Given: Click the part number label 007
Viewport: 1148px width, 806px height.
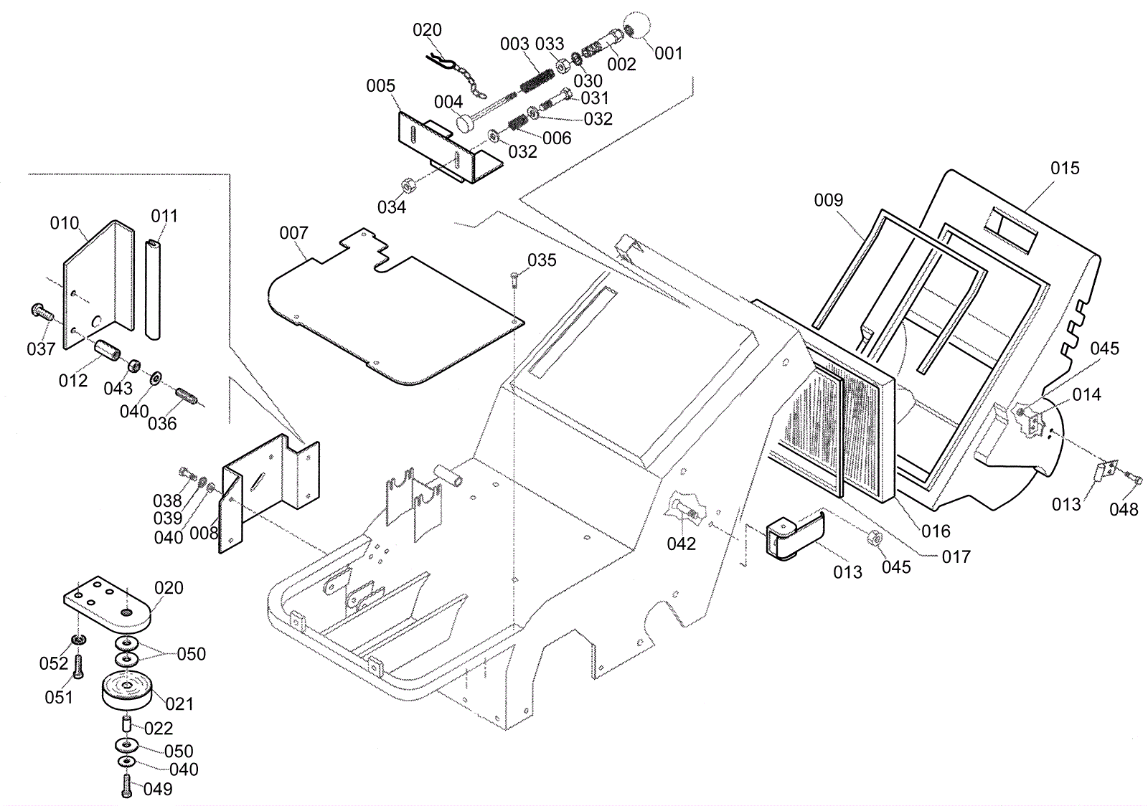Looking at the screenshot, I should (293, 233).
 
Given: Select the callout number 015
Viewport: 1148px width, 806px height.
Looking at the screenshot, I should (1065, 169).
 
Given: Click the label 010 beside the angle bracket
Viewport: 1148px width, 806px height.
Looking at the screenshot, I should (65, 224).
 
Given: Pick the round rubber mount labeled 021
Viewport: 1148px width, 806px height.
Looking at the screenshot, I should (126, 691).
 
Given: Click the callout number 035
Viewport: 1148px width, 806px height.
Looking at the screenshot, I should (542, 261).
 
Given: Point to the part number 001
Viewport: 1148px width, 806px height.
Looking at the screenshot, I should (669, 54).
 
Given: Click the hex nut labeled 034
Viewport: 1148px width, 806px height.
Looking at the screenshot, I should (405, 185).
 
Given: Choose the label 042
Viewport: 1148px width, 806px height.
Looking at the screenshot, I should (681, 544).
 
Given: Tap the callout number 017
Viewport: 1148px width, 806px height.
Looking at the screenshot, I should (956, 556).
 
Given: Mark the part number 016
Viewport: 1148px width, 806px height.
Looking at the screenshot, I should (936, 531).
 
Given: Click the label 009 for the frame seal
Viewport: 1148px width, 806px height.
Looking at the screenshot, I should (828, 201).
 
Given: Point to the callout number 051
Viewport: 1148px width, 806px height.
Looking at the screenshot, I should (59, 697).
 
